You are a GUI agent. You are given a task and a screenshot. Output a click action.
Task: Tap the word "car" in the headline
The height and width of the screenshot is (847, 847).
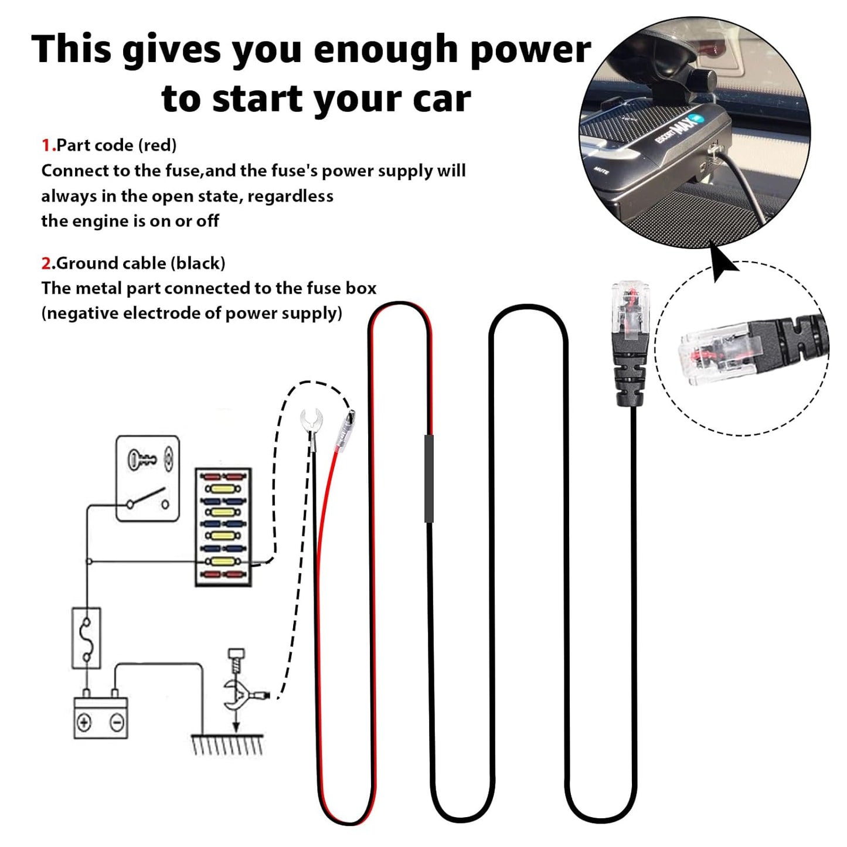[x=441, y=98]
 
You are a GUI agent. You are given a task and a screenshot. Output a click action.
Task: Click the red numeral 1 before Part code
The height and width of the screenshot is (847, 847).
[x=46, y=145]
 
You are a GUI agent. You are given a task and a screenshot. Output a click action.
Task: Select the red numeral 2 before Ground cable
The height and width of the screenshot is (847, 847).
[x=46, y=263]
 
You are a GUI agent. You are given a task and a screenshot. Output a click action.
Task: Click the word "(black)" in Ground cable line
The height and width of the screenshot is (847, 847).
[x=198, y=263]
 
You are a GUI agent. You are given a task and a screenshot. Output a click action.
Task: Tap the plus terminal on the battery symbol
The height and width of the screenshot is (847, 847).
[x=84, y=722]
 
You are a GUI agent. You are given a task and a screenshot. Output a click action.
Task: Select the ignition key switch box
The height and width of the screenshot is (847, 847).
[x=147, y=478]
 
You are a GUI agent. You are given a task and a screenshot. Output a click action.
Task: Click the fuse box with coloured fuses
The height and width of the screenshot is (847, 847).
[x=223, y=526]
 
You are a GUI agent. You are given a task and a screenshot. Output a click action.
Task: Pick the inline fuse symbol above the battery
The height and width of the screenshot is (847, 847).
[x=86, y=638]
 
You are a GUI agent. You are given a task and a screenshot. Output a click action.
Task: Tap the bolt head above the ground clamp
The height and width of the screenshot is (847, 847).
[x=236, y=654]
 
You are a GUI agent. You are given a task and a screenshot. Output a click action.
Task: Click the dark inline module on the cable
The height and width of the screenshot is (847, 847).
[x=428, y=478]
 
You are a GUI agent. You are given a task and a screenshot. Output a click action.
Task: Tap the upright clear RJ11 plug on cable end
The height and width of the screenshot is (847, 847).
[x=631, y=312]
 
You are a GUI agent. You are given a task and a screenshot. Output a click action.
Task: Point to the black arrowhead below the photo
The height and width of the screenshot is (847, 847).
[x=723, y=263]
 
